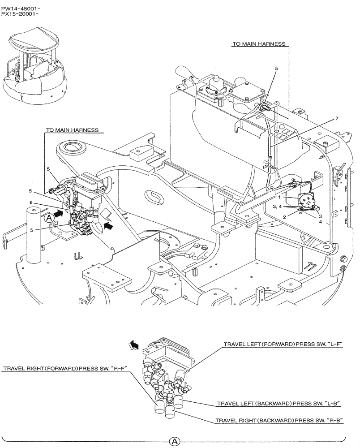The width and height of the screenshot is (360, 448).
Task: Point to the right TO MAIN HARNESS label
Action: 259,44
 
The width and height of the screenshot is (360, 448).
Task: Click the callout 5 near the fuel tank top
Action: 276,69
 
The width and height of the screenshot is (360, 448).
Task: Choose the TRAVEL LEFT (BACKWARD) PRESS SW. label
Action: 279,403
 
